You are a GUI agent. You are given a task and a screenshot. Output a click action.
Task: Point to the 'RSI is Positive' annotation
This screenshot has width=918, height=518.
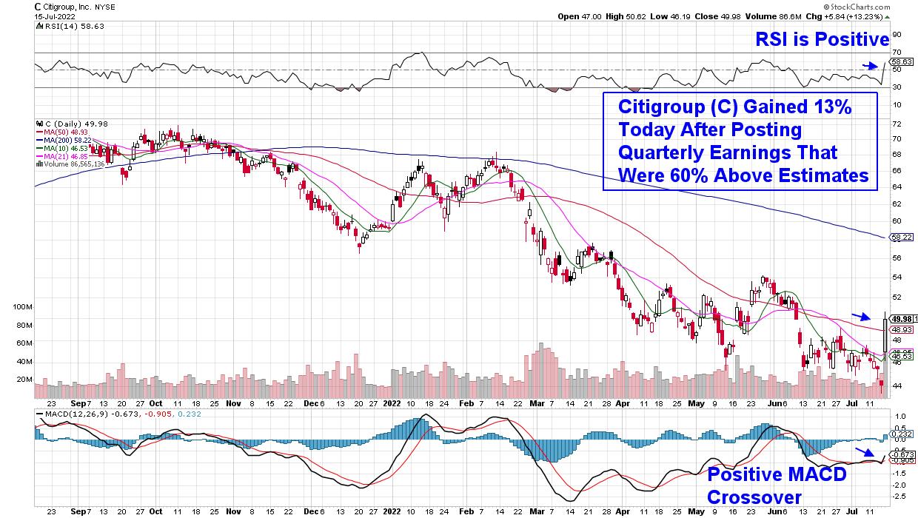click(x=822, y=40)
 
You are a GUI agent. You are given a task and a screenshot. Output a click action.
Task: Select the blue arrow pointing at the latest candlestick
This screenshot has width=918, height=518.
click(x=861, y=316)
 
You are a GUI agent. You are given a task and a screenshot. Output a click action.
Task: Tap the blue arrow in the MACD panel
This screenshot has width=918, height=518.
click(x=865, y=453)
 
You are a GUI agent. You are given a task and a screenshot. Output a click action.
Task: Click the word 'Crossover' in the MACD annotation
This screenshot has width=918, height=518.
click(x=754, y=497)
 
